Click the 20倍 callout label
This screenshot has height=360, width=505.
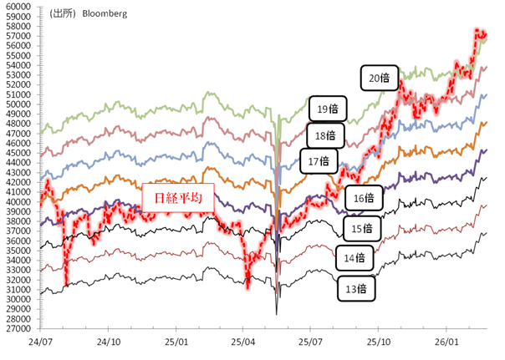click(x=379, y=79)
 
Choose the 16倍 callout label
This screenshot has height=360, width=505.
click(x=363, y=199)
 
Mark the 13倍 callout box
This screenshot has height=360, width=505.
click(x=355, y=288)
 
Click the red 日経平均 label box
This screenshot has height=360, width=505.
click(x=177, y=200)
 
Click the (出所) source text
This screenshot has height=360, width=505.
click(x=63, y=14)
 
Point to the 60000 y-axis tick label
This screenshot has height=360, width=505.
click(x=18, y=6)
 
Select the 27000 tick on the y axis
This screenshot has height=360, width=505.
click(x=18, y=328)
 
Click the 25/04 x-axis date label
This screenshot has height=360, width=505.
click(x=242, y=342)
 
